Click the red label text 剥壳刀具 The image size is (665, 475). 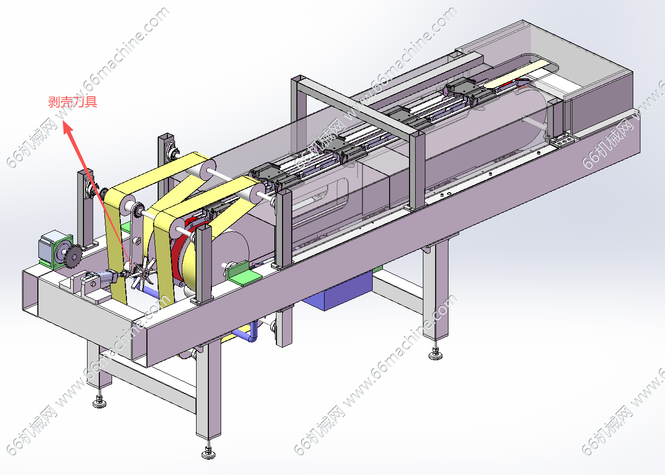coord(73,102)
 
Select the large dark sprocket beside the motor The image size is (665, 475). coord(73,256)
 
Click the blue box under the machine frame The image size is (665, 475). coord(338,292)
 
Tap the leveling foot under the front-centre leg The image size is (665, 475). coord(208,453)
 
